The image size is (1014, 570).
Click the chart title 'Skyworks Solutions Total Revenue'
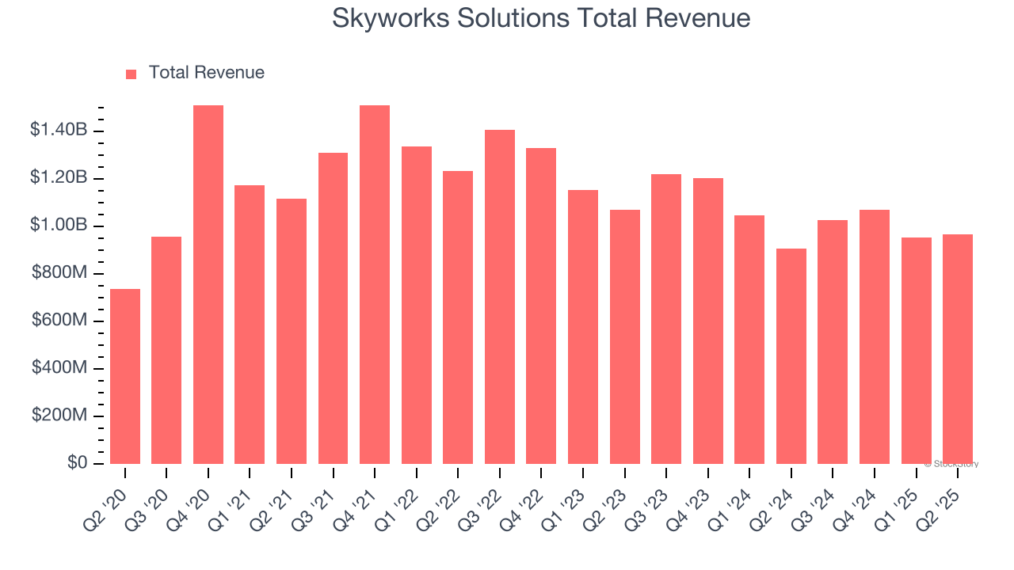[541, 18]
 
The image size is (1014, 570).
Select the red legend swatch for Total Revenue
[132, 74]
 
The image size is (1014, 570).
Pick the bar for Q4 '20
[208, 284]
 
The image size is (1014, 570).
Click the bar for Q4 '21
[375, 284]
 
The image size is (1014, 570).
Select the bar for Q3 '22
[500, 297]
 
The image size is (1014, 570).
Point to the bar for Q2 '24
[791, 356]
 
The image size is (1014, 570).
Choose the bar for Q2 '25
[957, 349]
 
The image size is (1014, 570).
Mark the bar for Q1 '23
[583, 327]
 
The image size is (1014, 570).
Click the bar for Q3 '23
[666, 319]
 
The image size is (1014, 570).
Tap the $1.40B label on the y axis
[59, 130]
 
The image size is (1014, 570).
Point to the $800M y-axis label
[59, 273]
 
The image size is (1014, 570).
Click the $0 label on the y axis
[76, 463]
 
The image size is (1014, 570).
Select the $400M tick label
[59, 368]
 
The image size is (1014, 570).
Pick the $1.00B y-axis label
[59, 226]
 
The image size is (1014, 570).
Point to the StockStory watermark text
[951, 464]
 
